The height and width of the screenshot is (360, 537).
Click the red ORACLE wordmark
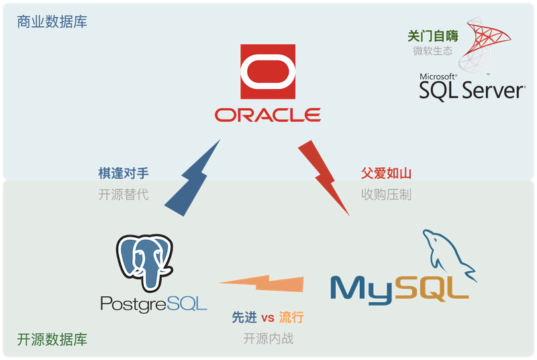[268, 115]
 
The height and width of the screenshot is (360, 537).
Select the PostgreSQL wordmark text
[154, 304]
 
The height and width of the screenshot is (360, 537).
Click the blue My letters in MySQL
[362, 288]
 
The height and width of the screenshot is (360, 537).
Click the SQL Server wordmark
[472, 90]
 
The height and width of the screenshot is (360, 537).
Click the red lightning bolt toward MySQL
[325, 176]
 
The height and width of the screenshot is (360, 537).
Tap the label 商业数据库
[52, 22]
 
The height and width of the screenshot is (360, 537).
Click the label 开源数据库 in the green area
[52, 339]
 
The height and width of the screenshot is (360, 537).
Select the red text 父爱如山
[386, 173]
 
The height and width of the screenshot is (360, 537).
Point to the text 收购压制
[386, 195]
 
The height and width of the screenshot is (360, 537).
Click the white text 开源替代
[123, 195]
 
